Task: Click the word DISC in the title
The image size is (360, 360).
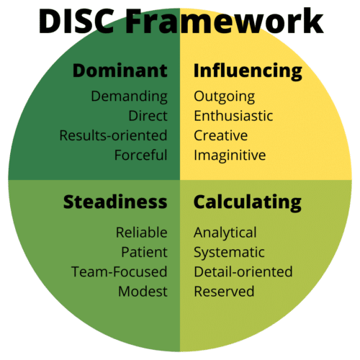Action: coord(76,21)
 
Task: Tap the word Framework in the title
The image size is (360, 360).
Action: coord(225,21)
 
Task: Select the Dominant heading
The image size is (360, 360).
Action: coord(120,71)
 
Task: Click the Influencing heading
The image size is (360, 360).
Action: coord(248,71)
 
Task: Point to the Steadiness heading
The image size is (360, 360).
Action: coord(115,202)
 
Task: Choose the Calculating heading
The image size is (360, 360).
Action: coord(248,203)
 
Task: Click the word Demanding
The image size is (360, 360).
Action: coord(129,96)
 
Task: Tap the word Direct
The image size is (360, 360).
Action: coord(148,116)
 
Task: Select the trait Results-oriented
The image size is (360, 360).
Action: coord(113,135)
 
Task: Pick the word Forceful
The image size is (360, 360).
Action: coord(140,155)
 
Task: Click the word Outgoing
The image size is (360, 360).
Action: coord(224,96)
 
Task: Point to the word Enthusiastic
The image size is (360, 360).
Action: coord(233,116)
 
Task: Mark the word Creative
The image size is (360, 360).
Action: coord(220,135)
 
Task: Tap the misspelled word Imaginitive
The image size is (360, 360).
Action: coord(230,156)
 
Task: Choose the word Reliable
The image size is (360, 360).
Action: coord(142,233)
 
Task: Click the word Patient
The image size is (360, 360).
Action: coord(144,252)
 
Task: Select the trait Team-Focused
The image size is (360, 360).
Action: coord(120,272)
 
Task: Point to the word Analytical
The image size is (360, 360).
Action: coord(225,233)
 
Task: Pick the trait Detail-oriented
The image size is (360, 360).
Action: coord(243,272)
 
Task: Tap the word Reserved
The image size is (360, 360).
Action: coord(224,292)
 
